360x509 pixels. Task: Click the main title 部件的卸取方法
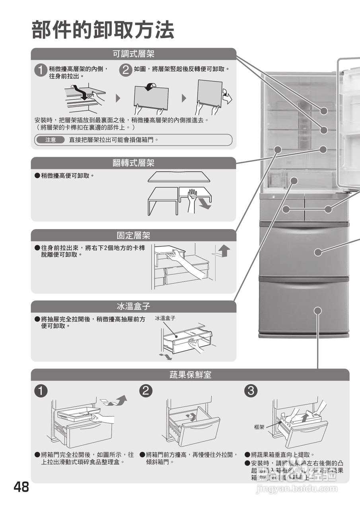pyautogui.click(x=103, y=30)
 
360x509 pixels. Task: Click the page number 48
pyautogui.click(x=21, y=487)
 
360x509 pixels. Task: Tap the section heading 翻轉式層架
pyautogui.click(x=134, y=163)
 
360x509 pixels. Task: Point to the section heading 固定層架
pyautogui.click(x=134, y=235)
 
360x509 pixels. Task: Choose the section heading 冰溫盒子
pyautogui.click(x=134, y=307)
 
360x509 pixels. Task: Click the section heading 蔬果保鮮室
pyautogui.click(x=190, y=375)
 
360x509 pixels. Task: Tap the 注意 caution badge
pyautogui.click(x=51, y=140)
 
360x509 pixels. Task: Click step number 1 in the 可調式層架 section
pyautogui.click(x=40, y=71)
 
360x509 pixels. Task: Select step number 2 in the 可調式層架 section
pyautogui.click(x=125, y=71)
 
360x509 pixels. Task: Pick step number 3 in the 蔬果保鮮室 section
pyautogui.click(x=251, y=391)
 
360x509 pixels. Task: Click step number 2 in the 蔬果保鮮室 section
pyautogui.click(x=146, y=391)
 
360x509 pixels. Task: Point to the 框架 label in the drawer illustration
pyautogui.click(x=259, y=427)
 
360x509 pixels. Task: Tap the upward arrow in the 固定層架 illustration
pyautogui.click(x=225, y=251)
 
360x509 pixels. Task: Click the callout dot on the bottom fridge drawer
pyautogui.click(x=317, y=310)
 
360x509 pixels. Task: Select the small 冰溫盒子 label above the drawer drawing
pyautogui.click(x=165, y=318)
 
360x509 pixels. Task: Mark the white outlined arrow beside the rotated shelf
pyautogui.click(x=227, y=97)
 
